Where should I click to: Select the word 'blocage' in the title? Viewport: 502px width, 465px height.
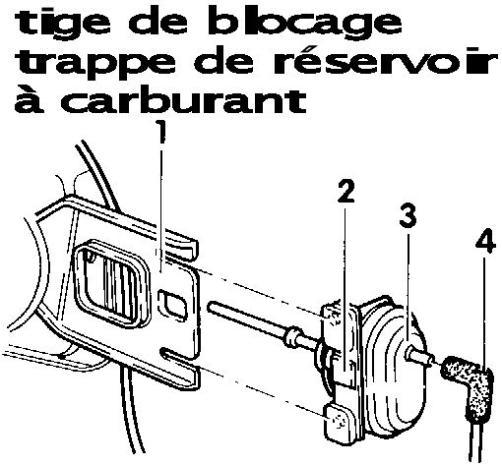click(x=305, y=24)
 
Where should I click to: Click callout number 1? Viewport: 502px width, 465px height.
click(x=160, y=131)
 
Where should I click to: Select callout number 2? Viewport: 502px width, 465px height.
click(x=345, y=191)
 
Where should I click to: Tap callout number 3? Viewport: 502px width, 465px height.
click(x=408, y=215)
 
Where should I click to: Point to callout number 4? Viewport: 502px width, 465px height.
click(x=485, y=242)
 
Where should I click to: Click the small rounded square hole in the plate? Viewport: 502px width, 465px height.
click(x=172, y=305)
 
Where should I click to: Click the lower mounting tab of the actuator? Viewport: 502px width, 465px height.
click(x=339, y=425)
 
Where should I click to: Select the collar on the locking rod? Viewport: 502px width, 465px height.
click(x=292, y=337)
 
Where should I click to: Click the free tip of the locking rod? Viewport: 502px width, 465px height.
click(x=211, y=306)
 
